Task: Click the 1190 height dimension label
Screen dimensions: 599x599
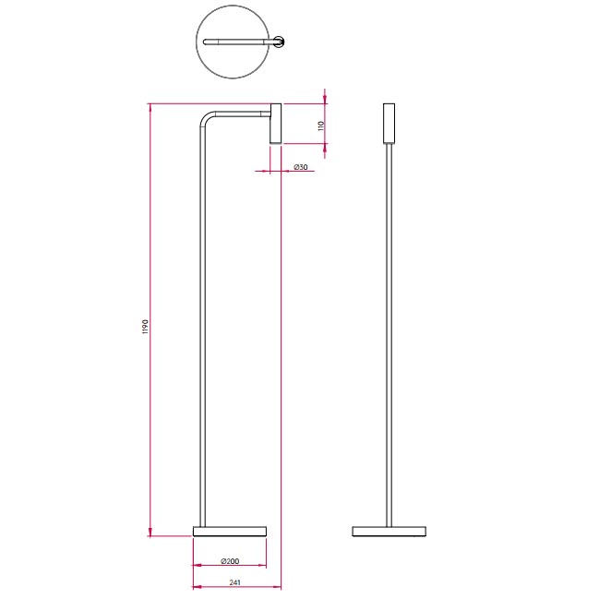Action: (x=145, y=327)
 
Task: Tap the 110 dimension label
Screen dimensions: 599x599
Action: (x=321, y=126)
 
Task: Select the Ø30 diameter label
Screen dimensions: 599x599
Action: (x=301, y=167)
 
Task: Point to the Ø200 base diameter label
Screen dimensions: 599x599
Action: (x=230, y=561)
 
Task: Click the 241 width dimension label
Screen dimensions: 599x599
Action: (x=235, y=582)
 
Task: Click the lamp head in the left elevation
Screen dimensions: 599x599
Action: (x=276, y=124)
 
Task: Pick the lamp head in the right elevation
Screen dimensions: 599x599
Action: (x=389, y=124)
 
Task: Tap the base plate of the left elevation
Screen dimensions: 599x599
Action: (x=230, y=532)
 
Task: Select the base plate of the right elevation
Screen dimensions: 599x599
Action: (x=389, y=532)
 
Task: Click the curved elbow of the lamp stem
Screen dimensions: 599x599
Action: (x=204, y=117)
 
